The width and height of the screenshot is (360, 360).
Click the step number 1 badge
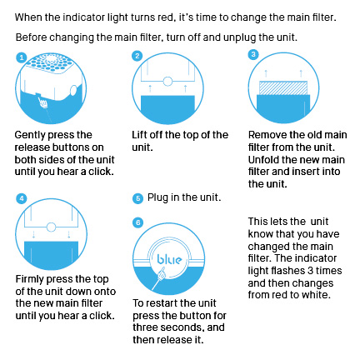pyautogui.click(x=22, y=57)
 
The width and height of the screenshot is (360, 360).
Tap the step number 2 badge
pyautogui.click(x=137, y=56)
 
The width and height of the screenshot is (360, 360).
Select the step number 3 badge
pyautogui.click(x=253, y=54)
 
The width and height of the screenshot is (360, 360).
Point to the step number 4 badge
pyautogui.click(x=22, y=198)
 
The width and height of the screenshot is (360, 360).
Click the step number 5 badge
pyautogui.click(x=137, y=198)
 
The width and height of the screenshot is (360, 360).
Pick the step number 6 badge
pyautogui.click(x=138, y=222)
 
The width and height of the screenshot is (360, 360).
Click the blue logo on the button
pyautogui.click(x=169, y=259)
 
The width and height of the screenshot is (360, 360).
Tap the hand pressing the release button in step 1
pyautogui.click(x=43, y=102)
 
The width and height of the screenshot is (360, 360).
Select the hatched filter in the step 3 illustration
pyautogui.click(x=283, y=88)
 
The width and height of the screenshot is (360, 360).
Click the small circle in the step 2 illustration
pyautogui.click(x=167, y=82)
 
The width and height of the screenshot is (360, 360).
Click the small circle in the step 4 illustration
pyautogui.click(x=51, y=227)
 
